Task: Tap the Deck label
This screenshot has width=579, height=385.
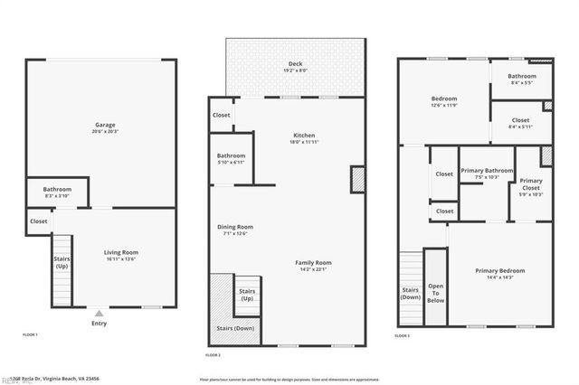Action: (x=295, y=63)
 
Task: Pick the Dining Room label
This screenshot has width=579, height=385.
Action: (x=234, y=230)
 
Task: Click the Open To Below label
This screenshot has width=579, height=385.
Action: (x=435, y=293)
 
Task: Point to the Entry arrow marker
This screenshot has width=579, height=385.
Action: (x=99, y=313)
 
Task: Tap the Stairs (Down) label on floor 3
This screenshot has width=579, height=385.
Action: (x=411, y=293)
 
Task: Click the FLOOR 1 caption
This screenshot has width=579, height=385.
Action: (x=30, y=335)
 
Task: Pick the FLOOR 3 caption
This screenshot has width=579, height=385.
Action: (x=403, y=335)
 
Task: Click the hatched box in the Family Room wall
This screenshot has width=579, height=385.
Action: (x=357, y=179)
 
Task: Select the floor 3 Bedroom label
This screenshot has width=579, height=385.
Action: (x=443, y=101)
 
